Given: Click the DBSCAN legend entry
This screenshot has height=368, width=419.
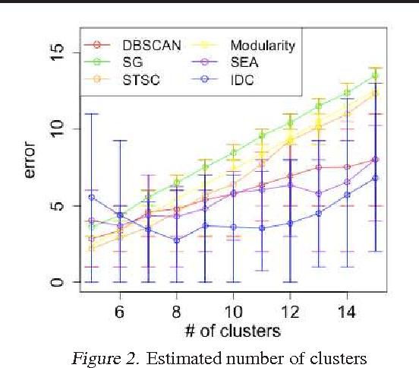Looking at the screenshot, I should [151, 45].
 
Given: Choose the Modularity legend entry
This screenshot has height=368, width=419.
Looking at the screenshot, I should [263, 45].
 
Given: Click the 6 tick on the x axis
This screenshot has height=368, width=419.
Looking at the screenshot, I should [119, 312].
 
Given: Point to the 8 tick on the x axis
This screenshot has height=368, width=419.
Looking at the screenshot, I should [176, 312].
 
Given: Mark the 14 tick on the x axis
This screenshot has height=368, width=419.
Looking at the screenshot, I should [346, 312].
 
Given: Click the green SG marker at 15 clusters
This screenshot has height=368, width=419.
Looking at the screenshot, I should [374, 75].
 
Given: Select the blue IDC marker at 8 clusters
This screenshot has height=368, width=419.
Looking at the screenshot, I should [176, 240].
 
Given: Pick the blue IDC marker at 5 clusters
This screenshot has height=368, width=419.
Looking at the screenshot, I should [91, 197].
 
